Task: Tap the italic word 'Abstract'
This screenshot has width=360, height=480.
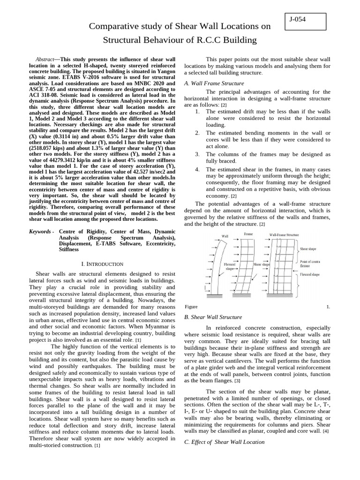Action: point(45,60)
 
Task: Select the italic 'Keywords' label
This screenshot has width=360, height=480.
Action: point(39,232)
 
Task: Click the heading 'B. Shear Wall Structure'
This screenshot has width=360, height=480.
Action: point(213,317)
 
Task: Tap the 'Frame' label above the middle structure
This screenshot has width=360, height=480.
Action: point(248,233)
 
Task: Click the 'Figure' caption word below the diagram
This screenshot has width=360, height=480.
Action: point(191,307)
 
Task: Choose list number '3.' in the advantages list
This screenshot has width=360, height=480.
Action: point(197,154)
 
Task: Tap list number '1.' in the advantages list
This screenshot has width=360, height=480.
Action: point(197,112)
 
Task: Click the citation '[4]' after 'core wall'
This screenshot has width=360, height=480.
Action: point(326,431)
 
